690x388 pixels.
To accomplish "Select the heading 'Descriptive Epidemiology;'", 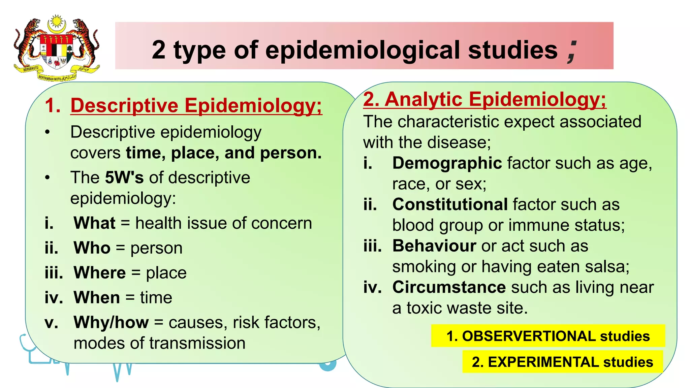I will (196, 105).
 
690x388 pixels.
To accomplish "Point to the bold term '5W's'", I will (124, 177).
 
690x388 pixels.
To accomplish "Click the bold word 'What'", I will (95, 223).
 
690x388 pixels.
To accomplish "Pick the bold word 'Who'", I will (92, 248).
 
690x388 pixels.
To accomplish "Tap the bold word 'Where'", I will (100, 272).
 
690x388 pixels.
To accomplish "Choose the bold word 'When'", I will (97, 297).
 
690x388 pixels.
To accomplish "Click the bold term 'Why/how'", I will (111, 322).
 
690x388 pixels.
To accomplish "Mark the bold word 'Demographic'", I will (447, 163).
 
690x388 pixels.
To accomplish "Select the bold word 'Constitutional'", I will (450, 204).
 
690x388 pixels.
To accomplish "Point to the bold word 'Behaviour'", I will (434, 246).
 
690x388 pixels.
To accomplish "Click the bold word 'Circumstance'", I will (449, 287).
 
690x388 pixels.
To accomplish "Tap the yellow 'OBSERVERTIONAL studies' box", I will (548, 336).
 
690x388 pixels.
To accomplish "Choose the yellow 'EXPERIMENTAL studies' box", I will (562, 362).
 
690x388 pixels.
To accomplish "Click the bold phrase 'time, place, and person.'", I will (224, 153).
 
